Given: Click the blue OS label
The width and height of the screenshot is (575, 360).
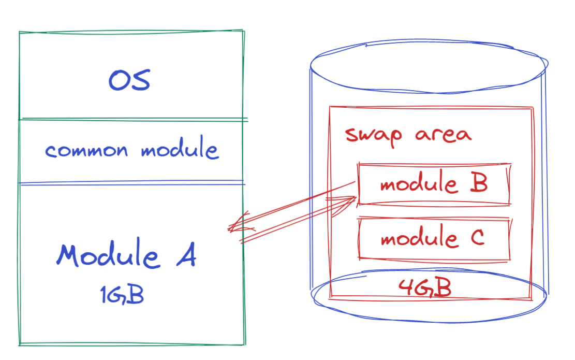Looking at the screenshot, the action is (129, 80).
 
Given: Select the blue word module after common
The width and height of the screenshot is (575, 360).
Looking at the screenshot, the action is (179, 150).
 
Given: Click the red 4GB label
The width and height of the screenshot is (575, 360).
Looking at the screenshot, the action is (424, 288).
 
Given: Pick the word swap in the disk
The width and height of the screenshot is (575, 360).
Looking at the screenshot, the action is (374, 135).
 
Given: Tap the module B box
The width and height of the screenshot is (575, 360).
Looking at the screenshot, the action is (434, 184).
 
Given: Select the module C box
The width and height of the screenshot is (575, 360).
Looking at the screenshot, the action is (434, 238).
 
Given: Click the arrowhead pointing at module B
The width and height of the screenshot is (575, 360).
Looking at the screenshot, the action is (350, 200).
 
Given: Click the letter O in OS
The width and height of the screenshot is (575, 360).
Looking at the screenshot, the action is (119, 80).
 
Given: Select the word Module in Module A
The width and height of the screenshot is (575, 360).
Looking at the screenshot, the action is (108, 255).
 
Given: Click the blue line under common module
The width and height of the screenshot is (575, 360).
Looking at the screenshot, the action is (131, 182).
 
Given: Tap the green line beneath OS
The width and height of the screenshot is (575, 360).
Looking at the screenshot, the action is (131, 120).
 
